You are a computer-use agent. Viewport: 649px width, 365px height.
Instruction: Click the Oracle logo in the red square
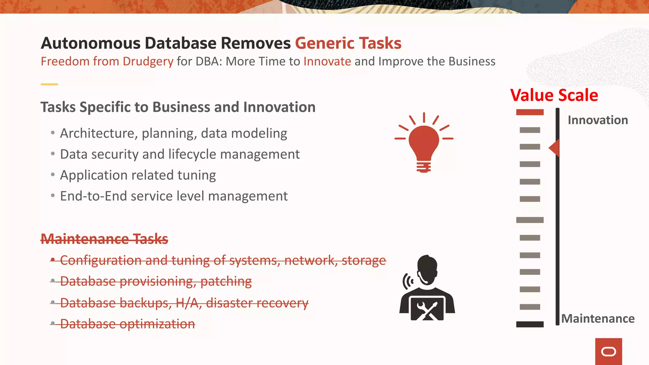click(608, 352)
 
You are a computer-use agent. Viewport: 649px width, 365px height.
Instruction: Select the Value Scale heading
click(554, 95)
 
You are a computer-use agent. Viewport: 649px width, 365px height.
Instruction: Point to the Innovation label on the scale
click(598, 120)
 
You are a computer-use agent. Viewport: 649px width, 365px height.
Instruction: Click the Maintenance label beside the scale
click(598, 318)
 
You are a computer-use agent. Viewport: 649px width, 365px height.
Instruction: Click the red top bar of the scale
click(530, 112)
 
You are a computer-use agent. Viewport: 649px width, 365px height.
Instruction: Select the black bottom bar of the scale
click(530, 324)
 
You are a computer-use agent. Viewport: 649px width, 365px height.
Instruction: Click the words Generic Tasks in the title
click(348, 43)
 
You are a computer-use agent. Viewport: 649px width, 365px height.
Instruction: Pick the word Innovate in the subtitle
click(327, 61)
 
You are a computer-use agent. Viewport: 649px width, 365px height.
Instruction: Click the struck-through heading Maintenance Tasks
click(104, 239)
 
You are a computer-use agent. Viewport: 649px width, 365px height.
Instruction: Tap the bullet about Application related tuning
click(138, 175)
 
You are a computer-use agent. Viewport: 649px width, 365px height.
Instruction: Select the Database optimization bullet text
click(127, 324)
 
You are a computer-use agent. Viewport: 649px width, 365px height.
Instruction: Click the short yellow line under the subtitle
click(49, 84)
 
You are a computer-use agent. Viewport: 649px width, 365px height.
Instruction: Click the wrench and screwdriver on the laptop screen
click(427, 310)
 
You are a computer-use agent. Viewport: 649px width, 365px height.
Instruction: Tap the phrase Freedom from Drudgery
click(107, 61)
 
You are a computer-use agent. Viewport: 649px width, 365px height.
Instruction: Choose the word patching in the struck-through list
click(226, 281)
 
